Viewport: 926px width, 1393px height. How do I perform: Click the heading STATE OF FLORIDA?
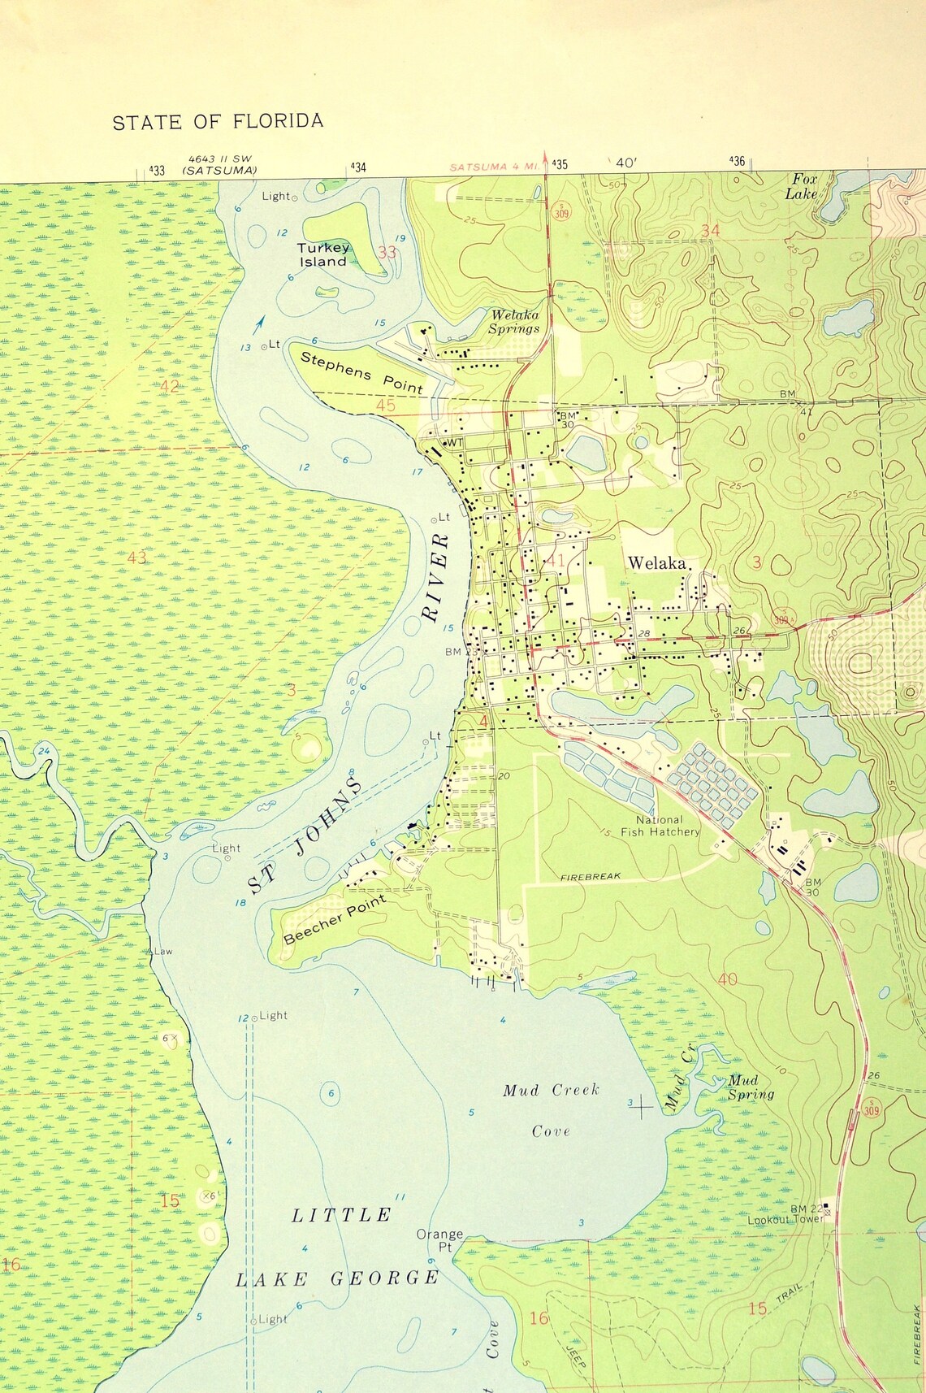[218, 122]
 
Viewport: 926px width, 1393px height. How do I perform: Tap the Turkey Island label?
[323, 254]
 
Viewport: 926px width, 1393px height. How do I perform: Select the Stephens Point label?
[361, 372]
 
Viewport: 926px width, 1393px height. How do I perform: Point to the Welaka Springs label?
[513, 322]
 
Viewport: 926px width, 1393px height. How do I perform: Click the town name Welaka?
[657, 563]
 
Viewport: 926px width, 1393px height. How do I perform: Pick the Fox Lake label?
[801, 186]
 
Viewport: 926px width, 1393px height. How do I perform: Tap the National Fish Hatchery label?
[660, 826]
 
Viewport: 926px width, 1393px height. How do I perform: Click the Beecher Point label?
[335, 919]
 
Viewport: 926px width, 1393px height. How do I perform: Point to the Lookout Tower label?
[785, 1218]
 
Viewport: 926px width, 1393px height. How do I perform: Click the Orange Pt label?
[439, 1239]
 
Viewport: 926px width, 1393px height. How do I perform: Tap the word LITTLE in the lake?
[341, 1215]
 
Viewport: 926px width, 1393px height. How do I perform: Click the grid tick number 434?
[358, 167]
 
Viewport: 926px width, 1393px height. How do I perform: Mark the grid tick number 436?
[737, 161]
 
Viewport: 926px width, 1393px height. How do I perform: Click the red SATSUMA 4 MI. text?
[495, 167]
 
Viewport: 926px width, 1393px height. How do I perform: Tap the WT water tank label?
[454, 442]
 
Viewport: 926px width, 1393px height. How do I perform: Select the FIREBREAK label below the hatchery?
[591, 876]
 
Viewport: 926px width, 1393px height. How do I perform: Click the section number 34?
[710, 230]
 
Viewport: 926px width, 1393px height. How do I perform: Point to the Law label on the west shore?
[162, 951]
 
